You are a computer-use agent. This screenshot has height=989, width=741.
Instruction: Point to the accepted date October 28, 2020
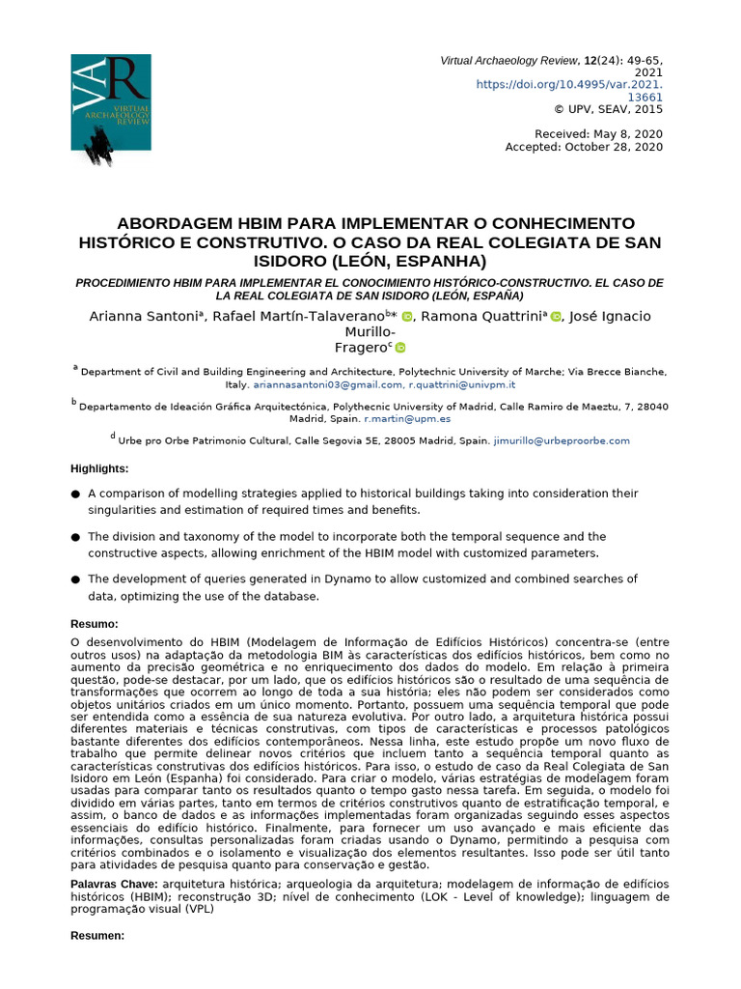coord(585,147)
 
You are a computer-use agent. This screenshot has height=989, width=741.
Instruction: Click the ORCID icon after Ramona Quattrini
coord(556,317)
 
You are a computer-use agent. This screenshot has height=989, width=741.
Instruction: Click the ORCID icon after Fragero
coord(400,348)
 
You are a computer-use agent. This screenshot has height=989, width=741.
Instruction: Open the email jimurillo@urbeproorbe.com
coord(561,440)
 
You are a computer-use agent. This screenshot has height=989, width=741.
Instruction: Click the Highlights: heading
coord(99,468)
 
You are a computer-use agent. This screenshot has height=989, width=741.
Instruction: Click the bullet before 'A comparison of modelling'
coord(75,494)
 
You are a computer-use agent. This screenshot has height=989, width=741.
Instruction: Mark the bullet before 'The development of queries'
coord(75,579)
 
